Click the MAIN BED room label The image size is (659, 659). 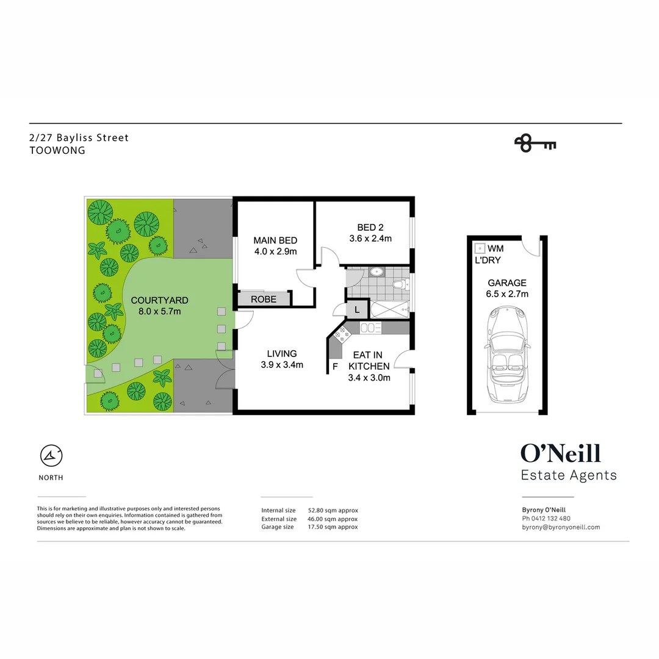(275, 246)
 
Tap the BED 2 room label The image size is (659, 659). (370, 234)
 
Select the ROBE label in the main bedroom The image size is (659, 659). (264, 299)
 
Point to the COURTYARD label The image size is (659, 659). (159, 306)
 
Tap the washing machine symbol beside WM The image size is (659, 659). (480, 248)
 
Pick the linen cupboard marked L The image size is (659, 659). (357, 309)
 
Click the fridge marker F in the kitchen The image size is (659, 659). (335, 366)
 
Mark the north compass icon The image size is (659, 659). (52, 455)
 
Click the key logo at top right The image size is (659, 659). (535, 144)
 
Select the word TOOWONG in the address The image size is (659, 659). (57, 150)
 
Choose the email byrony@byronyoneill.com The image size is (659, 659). (561, 527)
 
